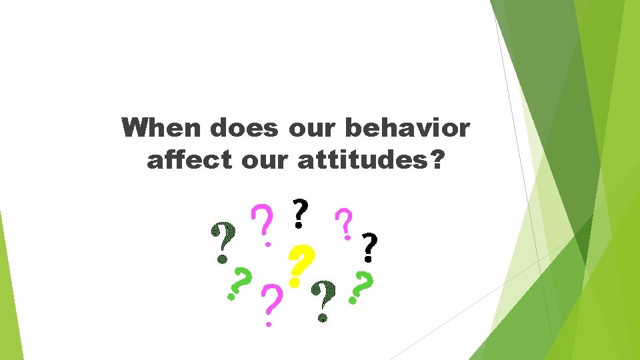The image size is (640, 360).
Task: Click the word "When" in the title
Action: [160, 127]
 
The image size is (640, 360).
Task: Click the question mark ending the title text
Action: [435, 159]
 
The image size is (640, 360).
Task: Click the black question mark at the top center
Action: [301, 213]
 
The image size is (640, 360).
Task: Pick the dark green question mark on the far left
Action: [223, 241]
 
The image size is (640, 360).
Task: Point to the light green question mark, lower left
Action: [240, 285]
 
